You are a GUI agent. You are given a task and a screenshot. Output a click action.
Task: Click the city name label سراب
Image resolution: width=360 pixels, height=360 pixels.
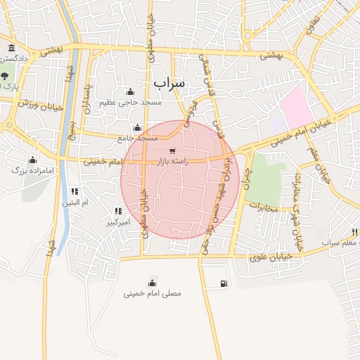pyautogui.click(x=169, y=83)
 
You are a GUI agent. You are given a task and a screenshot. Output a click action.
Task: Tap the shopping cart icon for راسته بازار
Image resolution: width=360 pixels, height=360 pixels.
pyautogui.click(x=173, y=150)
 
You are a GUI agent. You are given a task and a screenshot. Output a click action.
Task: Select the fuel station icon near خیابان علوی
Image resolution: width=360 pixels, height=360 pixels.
pyautogui.click(x=224, y=283)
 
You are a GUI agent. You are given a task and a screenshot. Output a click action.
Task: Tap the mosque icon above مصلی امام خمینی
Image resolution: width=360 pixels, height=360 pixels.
pyautogui.click(x=153, y=283)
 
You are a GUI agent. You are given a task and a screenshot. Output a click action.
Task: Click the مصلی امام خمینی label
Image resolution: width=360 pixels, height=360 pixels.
pyautogui.click(x=153, y=292)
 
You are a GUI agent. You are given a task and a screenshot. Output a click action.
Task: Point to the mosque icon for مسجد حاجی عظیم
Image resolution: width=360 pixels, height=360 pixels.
pyautogui.click(x=129, y=91)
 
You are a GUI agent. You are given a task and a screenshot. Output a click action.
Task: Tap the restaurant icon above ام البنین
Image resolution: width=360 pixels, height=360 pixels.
pyautogui.click(x=75, y=191)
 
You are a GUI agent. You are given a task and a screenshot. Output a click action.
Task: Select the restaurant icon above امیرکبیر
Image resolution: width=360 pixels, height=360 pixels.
pyautogui.click(x=117, y=210)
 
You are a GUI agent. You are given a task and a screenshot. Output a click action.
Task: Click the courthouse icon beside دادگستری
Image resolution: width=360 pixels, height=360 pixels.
pyautogui.click(x=11, y=49)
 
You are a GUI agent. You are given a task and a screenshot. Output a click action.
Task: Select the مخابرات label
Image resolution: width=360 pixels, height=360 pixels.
pyautogui.click(x=264, y=208)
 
